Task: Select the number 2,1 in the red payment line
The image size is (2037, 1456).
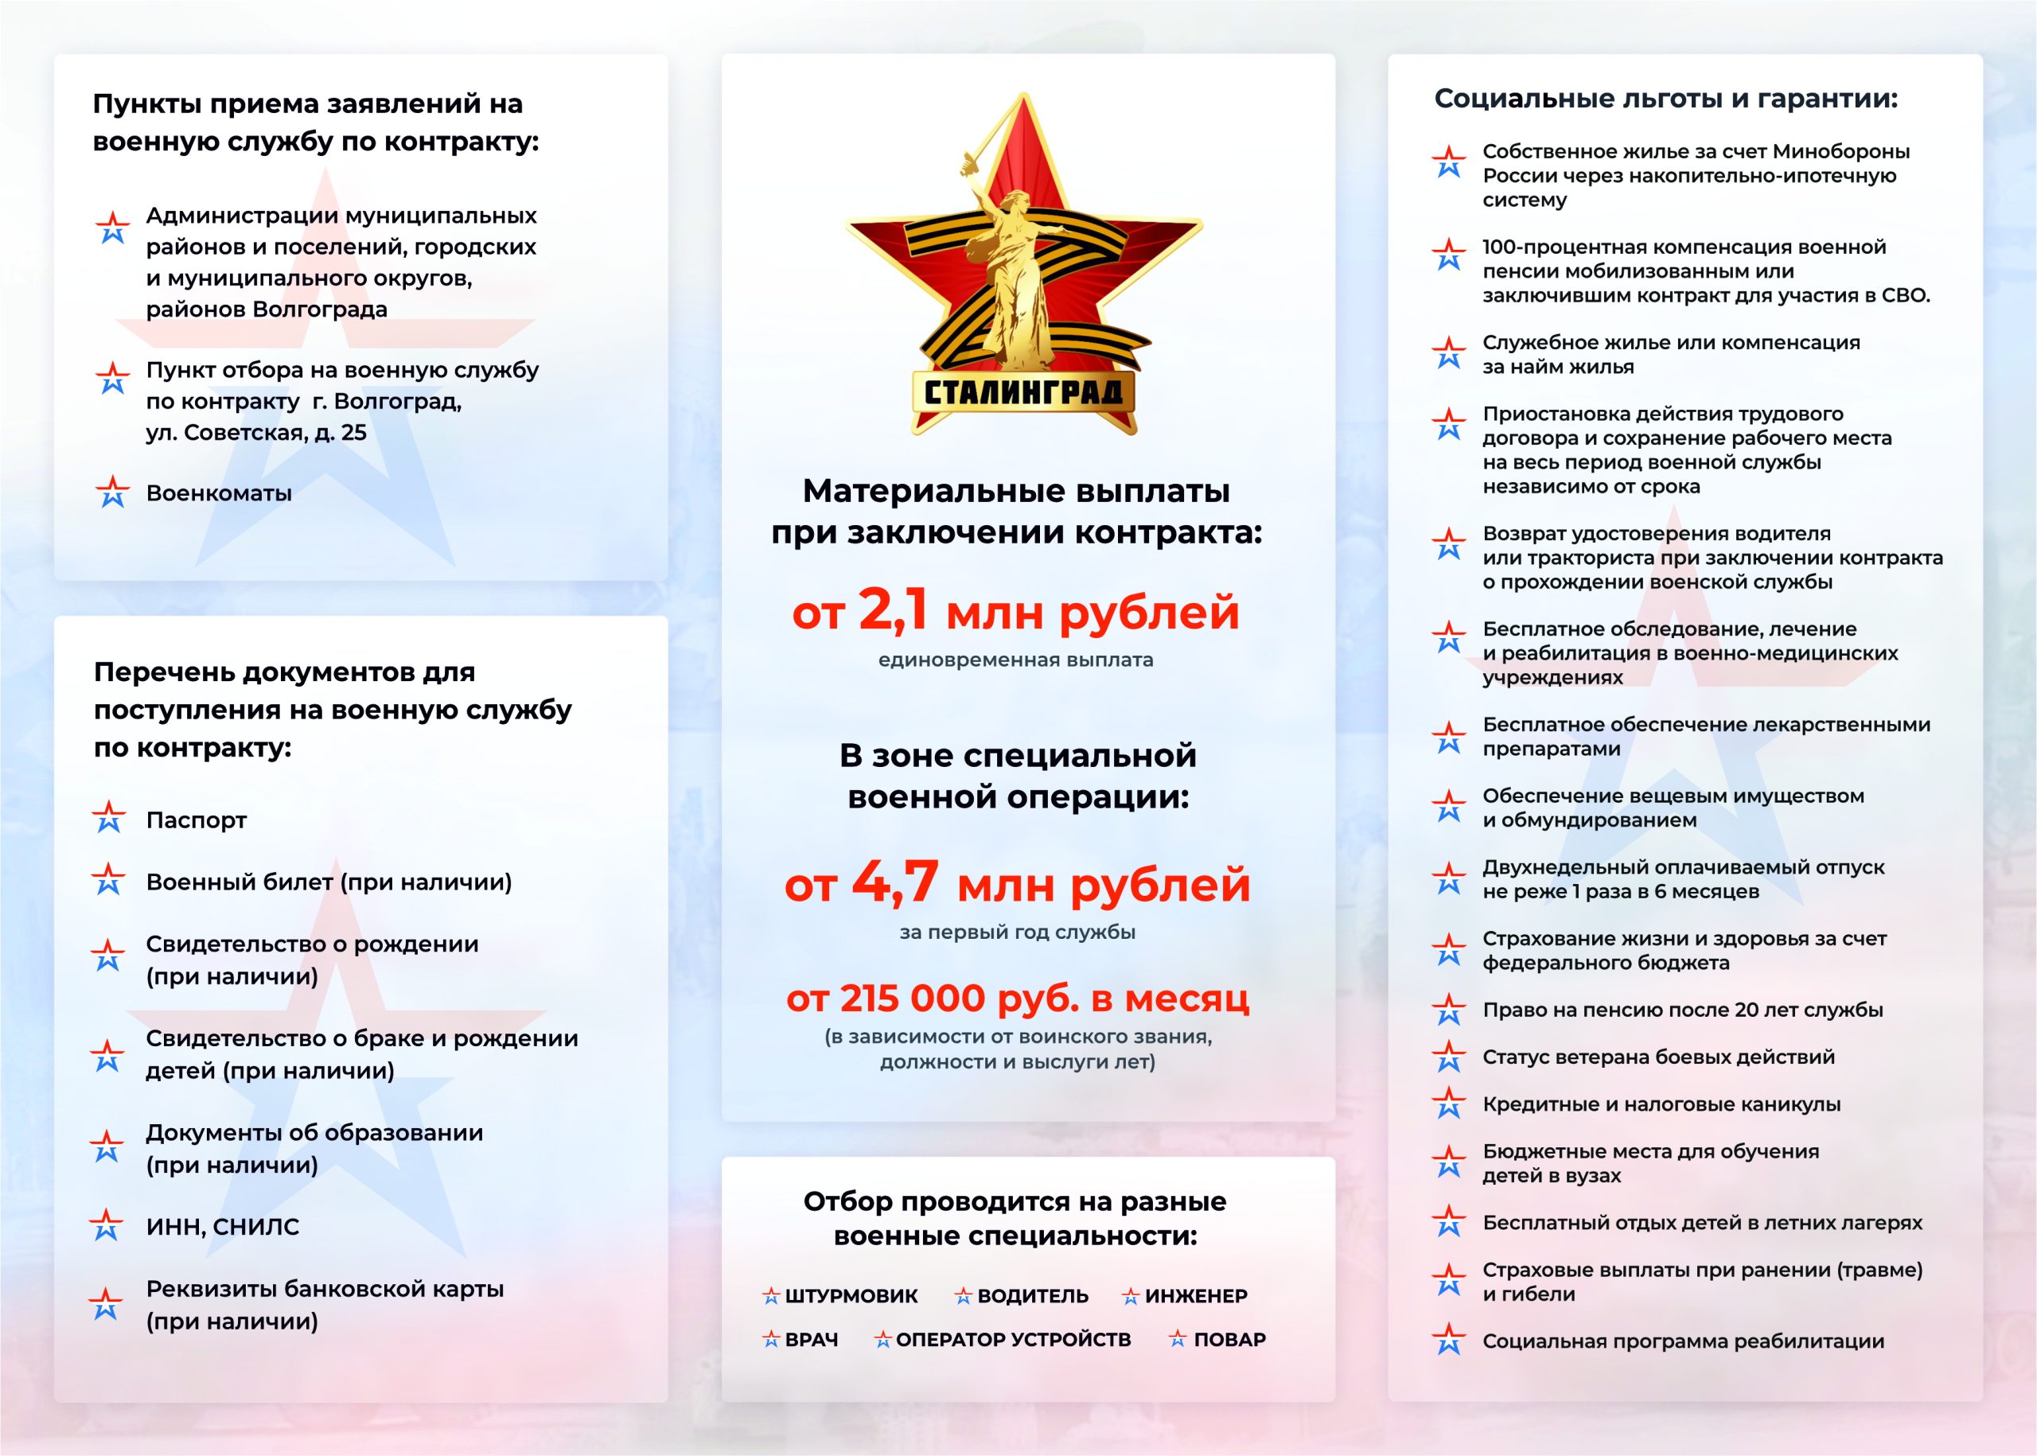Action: coord(892,610)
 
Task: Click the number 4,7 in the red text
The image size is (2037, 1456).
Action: coord(895,882)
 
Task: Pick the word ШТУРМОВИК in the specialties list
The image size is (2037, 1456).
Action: coord(851,1295)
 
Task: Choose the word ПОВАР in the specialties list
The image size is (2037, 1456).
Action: coord(1229,1340)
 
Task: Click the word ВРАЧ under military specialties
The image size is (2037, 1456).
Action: coord(812,1340)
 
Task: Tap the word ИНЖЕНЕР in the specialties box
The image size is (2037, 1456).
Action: coord(1196,1295)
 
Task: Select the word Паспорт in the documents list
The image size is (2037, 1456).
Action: coord(197,820)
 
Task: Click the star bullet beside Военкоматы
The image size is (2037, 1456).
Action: coord(112,492)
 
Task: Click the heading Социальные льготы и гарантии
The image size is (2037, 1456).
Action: coord(1666,99)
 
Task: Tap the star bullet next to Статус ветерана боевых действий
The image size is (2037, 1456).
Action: coord(1449,1057)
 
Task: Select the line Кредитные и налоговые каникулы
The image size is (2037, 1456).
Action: coord(1661,1104)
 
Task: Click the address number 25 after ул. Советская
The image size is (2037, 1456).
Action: coord(353,433)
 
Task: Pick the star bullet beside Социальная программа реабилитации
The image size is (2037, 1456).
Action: coord(1449,1341)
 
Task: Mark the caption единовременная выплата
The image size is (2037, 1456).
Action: coord(1016,660)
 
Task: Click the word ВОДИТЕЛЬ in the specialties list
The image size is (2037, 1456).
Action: coord(1033,1295)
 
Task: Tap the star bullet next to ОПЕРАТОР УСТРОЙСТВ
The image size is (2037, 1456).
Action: coord(883,1340)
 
